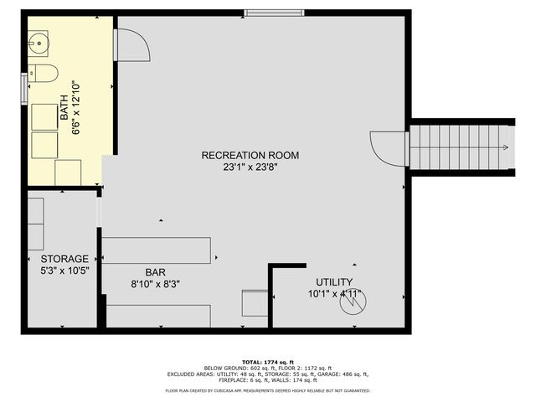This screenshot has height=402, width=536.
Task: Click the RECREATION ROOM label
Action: pos(250,155)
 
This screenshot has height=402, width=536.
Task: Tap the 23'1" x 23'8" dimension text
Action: pos(250,167)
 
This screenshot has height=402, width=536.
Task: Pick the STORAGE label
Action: pos(59,259)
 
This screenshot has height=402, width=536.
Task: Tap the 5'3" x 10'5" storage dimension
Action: pos(59,271)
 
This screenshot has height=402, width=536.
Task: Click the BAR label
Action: pos(156,272)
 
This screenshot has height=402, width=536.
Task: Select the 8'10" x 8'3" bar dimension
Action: pos(156,284)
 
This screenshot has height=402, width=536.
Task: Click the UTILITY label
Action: pos(334,282)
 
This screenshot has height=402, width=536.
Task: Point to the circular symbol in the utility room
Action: pos(352,302)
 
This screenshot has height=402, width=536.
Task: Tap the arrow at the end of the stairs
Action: pos(506,148)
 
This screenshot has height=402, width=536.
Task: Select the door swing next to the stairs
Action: pos(387,148)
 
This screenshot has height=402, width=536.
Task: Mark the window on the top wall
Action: pos(263,12)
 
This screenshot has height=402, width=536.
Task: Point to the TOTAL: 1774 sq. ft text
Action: pos(267,360)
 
